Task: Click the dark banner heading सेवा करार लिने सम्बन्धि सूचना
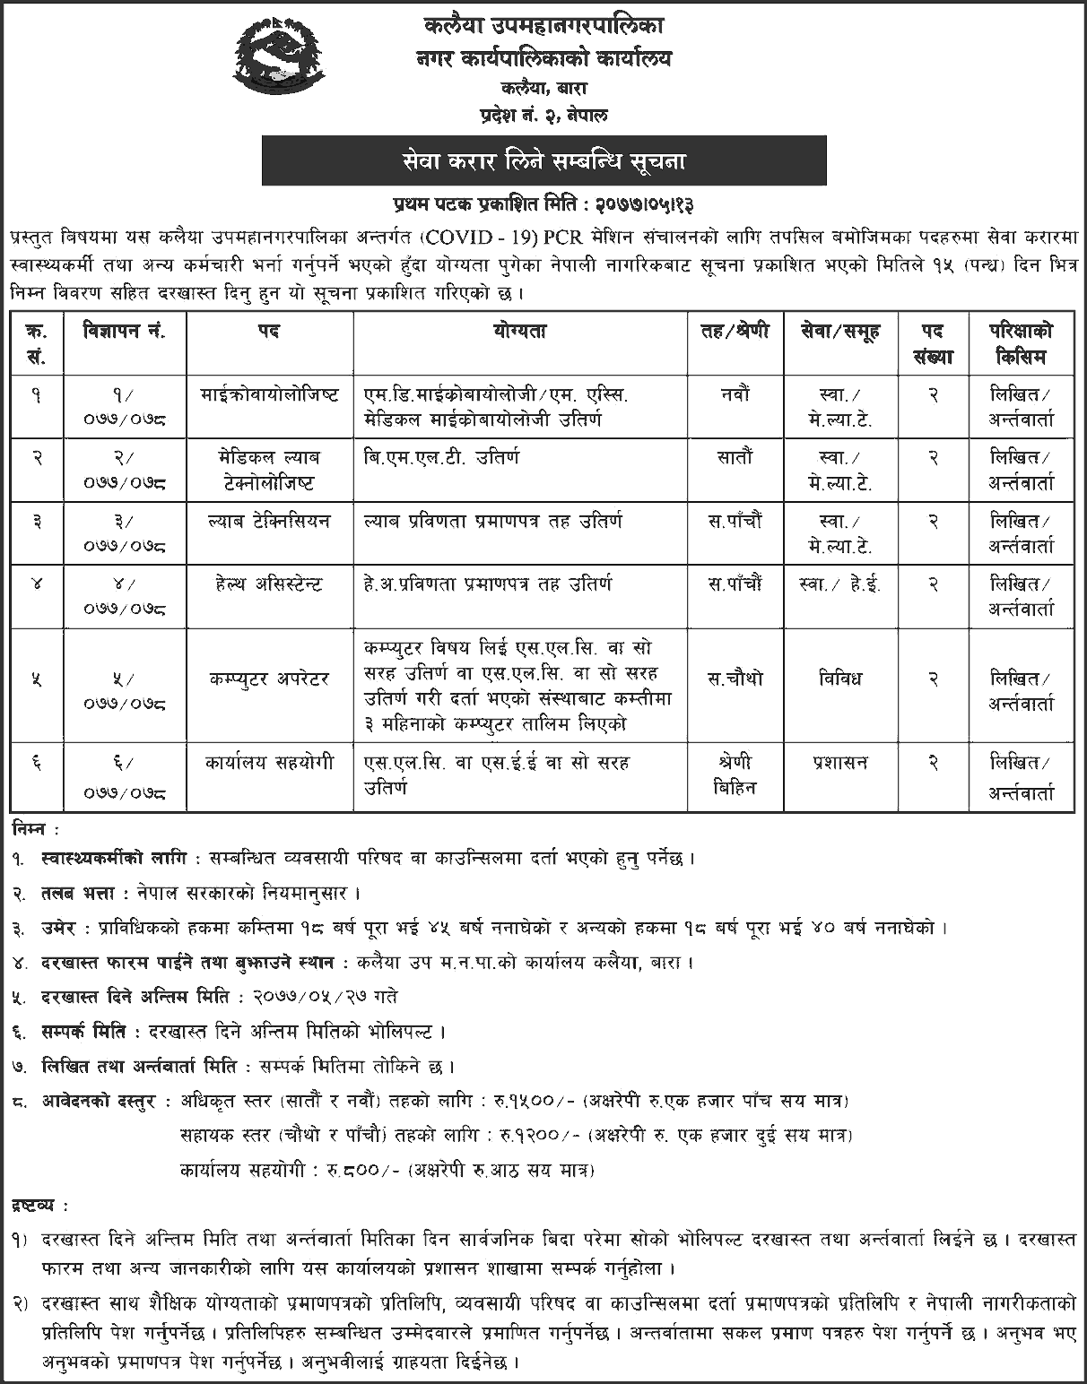543,162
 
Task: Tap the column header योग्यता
520,332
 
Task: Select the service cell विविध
840,679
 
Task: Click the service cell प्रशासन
840,763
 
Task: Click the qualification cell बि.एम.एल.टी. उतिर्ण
442,457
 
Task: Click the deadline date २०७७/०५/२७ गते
326,996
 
